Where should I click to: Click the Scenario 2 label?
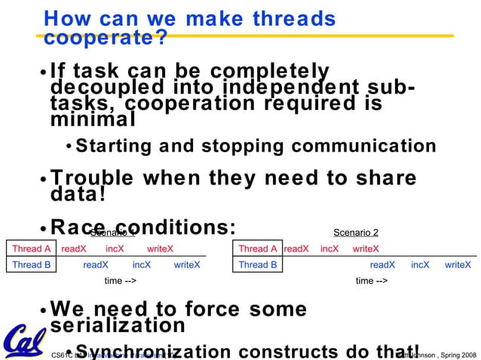click(x=356, y=232)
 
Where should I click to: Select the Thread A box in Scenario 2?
click(x=258, y=249)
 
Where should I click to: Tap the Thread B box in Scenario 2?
click(x=258, y=265)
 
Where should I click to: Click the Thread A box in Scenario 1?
click(x=32, y=249)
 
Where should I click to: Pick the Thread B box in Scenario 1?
click(x=32, y=265)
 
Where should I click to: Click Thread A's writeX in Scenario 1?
click(x=160, y=249)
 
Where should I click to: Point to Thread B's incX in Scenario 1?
click(x=142, y=265)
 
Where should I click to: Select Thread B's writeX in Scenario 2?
click(x=458, y=265)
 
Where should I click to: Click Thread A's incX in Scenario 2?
click(x=329, y=249)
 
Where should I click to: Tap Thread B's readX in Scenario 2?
click(x=382, y=265)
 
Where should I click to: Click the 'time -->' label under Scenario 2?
click(x=372, y=281)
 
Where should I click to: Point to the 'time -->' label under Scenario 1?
click(x=120, y=281)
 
